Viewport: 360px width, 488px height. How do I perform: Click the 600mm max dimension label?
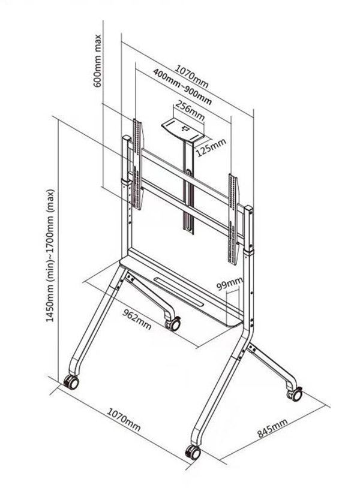tap(97, 61)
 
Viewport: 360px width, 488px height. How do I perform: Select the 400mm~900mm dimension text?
tap(182, 86)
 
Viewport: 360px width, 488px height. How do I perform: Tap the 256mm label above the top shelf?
tap(190, 110)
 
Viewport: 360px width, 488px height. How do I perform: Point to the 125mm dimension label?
tap(211, 147)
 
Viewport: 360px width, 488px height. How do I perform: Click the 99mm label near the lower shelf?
tap(230, 283)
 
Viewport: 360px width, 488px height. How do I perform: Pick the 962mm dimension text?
tap(137, 320)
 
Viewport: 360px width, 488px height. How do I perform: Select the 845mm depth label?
tap(272, 428)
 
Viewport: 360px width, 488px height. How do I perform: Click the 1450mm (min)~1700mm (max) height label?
tap(50, 255)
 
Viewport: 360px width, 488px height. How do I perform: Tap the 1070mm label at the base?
tap(124, 419)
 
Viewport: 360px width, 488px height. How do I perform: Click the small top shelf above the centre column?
tap(183, 130)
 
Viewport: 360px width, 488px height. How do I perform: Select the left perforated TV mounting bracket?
tap(137, 164)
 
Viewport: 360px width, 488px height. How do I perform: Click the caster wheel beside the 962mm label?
tap(173, 324)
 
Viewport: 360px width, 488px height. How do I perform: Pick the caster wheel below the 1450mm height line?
tap(71, 382)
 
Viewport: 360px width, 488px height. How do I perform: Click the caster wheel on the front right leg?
tap(193, 452)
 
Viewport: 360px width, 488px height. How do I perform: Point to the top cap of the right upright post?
tap(249, 209)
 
